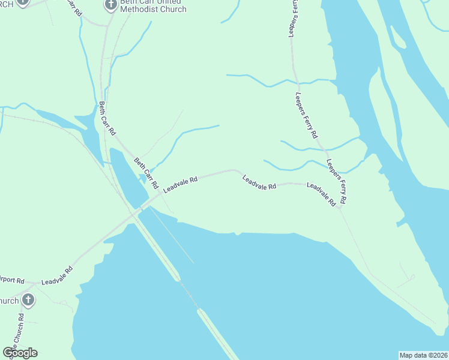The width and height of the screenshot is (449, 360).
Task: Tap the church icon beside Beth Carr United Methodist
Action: click(110, 5)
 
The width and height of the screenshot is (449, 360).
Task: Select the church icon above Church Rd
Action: click(27, 299)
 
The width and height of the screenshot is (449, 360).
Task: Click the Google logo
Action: click(20, 352)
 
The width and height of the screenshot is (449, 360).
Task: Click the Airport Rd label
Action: click(12, 281)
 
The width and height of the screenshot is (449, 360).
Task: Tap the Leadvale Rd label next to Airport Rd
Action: click(57, 276)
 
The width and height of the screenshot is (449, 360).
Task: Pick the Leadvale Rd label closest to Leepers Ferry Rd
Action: click(321, 194)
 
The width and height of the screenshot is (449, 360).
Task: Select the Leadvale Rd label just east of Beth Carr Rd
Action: click(180, 184)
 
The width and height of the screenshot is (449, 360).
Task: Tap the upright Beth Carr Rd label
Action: click(107, 118)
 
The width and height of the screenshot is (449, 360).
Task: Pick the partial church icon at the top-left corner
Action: click(23, 2)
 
